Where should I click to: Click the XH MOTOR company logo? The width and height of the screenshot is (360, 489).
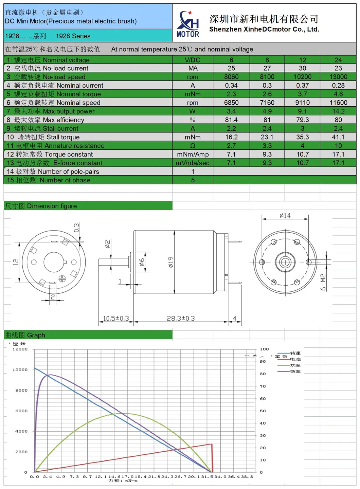point(188,24)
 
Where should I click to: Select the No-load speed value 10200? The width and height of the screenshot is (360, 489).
point(302,77)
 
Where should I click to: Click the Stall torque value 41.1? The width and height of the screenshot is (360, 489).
point(338,137)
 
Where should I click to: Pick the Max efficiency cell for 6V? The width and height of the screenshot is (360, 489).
point(231,120)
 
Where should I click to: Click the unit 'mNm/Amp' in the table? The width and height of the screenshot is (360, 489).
point(193,155)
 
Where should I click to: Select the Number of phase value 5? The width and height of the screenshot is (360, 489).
point(193,180)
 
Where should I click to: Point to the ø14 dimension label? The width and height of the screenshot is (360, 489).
point(285,216)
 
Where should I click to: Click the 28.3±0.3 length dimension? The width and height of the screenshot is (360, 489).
point(181,319)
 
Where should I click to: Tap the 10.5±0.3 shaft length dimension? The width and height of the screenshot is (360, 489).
point(116,319)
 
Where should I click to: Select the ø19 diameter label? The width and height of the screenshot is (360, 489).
point(171,262)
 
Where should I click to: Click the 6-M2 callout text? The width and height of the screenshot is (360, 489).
point(323,282)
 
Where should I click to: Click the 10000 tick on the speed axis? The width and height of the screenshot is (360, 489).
point(20,370)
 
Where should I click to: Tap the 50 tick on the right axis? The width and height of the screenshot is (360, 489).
point(263,411)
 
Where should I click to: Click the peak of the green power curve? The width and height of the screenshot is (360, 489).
point(124,413)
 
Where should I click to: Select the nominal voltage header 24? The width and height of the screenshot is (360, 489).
point(338,60)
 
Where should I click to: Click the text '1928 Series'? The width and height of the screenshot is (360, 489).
point(73,36)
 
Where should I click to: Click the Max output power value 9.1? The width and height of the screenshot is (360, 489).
point(302,111)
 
